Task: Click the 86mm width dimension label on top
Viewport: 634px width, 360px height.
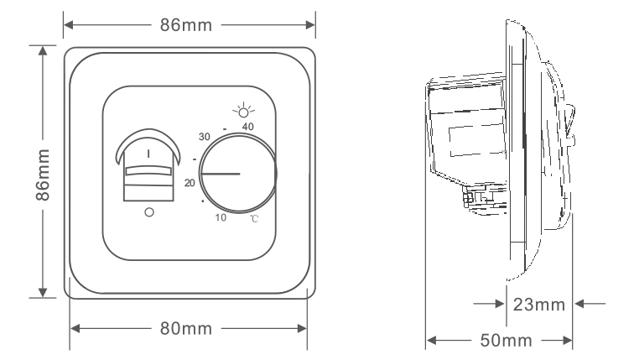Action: point(186,25)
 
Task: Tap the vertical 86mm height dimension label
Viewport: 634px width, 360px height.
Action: point(43,175)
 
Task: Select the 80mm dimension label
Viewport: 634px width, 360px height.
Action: point(186,328)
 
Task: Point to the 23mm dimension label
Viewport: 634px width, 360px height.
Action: point(539,305)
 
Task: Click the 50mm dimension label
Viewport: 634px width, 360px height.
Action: point(506,341)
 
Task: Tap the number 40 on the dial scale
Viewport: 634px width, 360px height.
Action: point(248,127)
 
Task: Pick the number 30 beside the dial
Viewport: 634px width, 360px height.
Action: point(204,137)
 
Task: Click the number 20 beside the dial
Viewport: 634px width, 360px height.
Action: point(190,183)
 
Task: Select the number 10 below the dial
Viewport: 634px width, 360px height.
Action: point(221,217)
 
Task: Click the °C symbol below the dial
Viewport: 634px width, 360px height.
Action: point(254,219)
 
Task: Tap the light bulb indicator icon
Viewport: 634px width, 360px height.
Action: point(243,110)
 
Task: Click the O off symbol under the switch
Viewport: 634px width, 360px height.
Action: point(149,212)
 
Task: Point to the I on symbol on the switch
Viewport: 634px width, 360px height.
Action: point(148,154)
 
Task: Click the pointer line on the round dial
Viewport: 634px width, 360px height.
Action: point(221,174)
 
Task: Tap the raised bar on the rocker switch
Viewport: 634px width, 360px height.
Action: point(148,171)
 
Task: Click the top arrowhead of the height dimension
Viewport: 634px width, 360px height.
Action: point(43,50)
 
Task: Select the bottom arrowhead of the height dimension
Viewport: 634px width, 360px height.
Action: point(43,293)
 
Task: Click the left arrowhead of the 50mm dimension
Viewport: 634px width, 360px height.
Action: point(431,341)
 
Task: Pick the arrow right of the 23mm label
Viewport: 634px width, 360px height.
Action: point(590,304)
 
